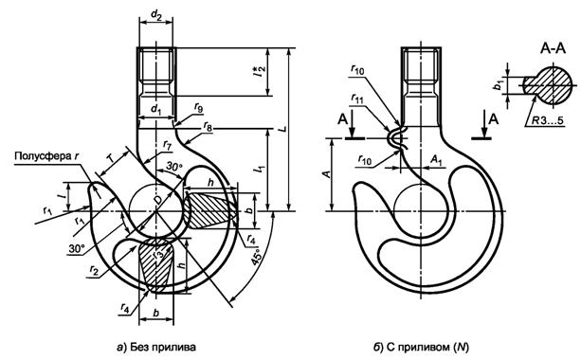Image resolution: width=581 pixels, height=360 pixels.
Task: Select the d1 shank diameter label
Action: pyautogui.click(x=156, y=110)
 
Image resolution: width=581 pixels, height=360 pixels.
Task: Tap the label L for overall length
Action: pyautogui.click(x=282, y=129)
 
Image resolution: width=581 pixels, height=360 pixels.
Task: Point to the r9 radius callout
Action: pyautogui.click(x=199, y=109)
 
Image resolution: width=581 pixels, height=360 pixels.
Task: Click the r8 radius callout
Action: pyautogui.click(x=208, y=127)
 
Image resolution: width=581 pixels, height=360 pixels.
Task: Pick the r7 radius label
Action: pyautogui.click(x=167, y=145)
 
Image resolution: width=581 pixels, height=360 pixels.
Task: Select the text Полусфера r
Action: pyautogui.click(x=46, y=156)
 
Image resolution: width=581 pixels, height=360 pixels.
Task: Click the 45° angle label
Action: pyautogui.click(x=257, y=257)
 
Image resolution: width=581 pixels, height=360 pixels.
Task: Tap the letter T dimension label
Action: pyautogui.click(x=111, y=158)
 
